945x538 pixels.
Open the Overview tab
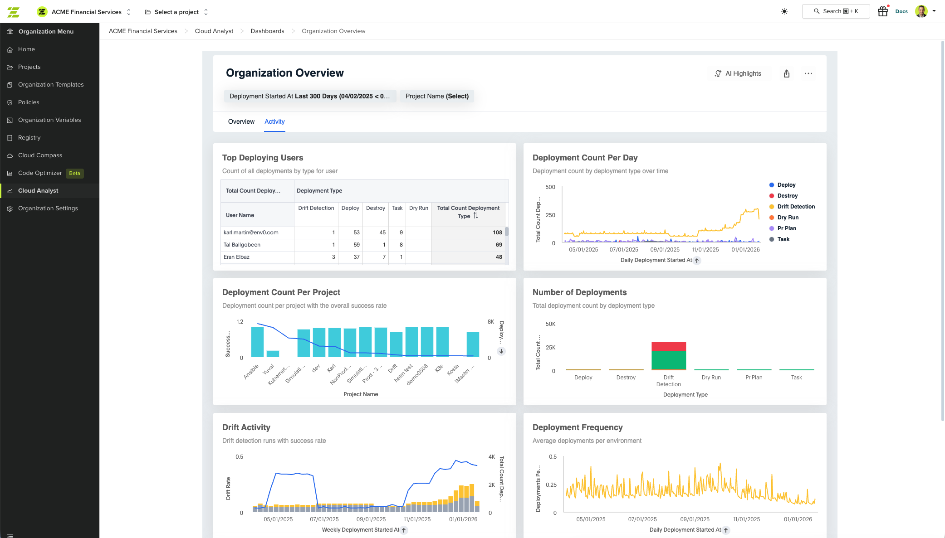tap(241, 121)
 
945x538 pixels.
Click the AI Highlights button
tap(738, 73)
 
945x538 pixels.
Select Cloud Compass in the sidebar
tap(40, 155)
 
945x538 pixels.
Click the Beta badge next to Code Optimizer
tap(74, 173)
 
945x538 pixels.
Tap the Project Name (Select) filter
tap(436, 96)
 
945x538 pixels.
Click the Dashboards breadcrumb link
tap(267, 31)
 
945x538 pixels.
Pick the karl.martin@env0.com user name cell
tap(251, 233)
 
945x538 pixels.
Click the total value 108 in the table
tap(497, 233)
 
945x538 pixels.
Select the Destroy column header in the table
tap(375, 208)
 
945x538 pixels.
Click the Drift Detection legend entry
tap(796, 207)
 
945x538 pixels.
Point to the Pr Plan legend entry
tap(786, 228)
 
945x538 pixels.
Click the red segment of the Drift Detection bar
tap(668, 346)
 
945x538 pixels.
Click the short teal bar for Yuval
tap(273, 354)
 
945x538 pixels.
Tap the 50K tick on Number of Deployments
tap(550, 324)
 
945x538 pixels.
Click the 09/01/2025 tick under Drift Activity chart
tap(371, 519)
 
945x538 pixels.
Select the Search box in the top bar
tap(835, 11)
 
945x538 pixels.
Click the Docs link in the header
tap(901, 11)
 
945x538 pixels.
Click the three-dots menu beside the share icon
tap(808, 73)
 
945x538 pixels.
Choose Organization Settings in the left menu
tap(48, 208)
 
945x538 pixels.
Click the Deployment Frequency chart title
tap(577, 427)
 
